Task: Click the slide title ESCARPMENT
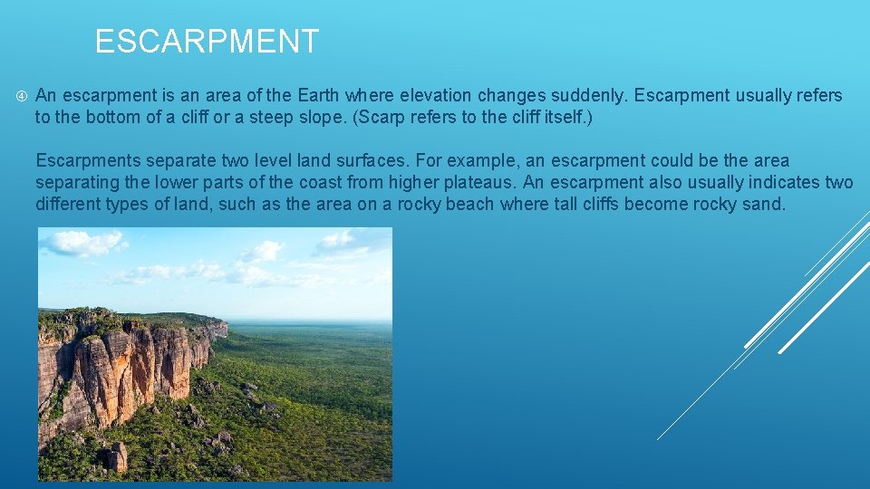pos(207,42)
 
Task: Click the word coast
pos(345,182)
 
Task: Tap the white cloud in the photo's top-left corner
pos(82,243)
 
